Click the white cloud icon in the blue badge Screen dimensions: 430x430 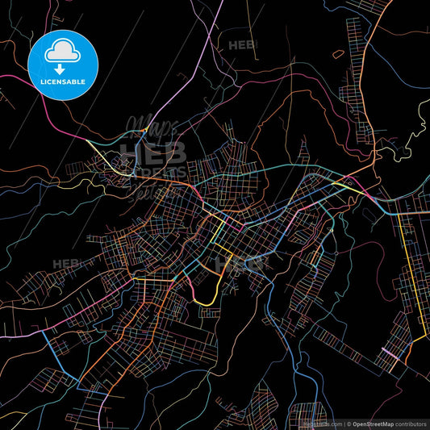click(63, 52)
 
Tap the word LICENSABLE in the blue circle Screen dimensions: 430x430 click(63, 82)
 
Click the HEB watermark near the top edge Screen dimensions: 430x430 click(241, 46)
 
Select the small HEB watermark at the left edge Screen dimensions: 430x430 click(65, 264)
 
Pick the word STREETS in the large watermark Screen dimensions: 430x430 click(153, 170)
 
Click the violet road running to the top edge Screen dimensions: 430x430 click(215, 24)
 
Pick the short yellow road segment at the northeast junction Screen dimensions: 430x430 click(349, 186)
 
